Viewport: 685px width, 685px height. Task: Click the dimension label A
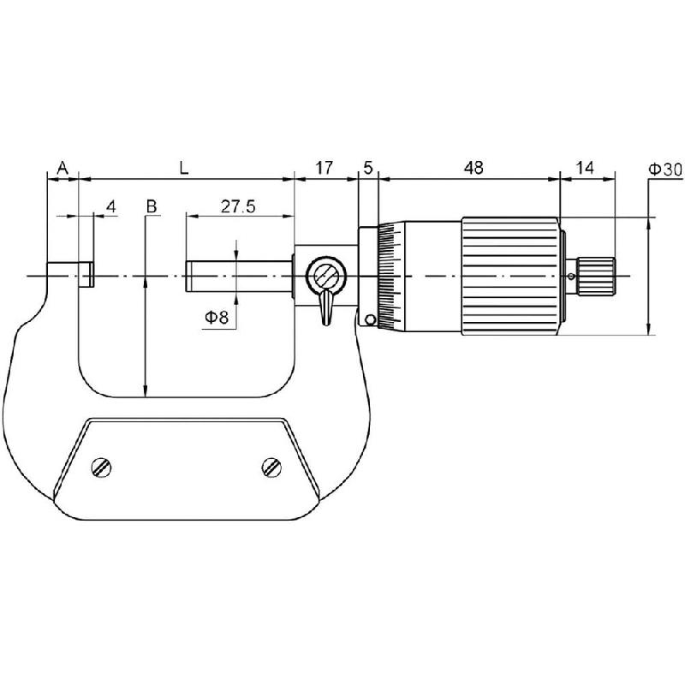(62, 168)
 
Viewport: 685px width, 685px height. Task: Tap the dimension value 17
(325, 168)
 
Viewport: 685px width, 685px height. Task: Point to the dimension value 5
(368, 168)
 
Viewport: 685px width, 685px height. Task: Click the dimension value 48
(473, 168)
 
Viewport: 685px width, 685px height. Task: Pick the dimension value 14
(585, 168)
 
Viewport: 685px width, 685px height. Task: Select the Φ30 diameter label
(665, 170)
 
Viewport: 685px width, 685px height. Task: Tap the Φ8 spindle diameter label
(216, 319)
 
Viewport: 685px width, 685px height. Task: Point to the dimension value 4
(110, 206)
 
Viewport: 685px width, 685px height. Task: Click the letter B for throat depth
(151, 207)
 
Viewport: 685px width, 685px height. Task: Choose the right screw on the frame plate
(272, 467)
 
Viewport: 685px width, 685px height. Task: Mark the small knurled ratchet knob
(596, 275)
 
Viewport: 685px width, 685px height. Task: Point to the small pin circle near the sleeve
(370, 320)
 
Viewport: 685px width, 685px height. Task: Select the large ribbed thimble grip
(512, 275)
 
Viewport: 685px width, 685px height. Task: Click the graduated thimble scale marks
(392, 275)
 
